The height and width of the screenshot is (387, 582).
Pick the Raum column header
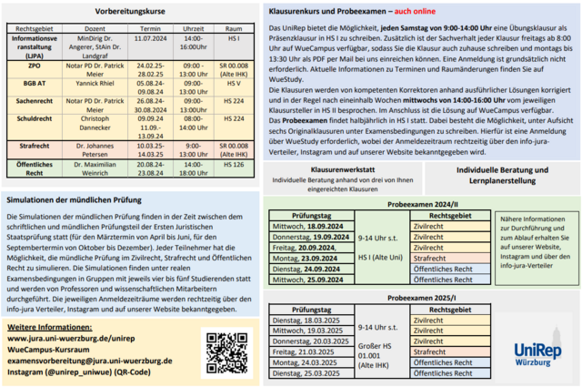[234, 29]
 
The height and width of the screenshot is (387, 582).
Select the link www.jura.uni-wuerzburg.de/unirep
[73, 337]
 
